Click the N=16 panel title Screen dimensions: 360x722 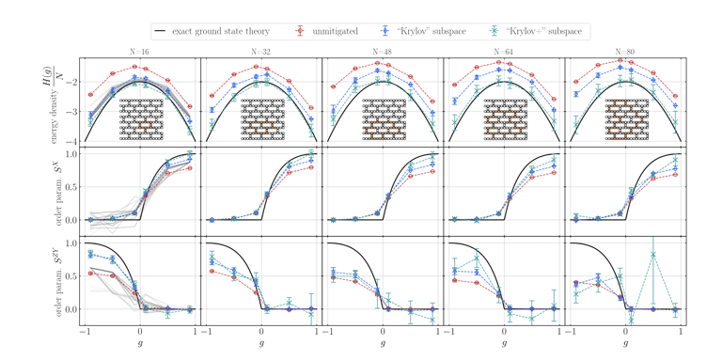(139, 53)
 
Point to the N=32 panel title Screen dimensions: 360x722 (261, 53)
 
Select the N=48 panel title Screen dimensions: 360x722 (383, 53)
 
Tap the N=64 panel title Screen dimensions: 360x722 (504, 53)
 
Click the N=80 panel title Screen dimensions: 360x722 (625, 53)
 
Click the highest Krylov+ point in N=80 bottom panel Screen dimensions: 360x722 (652, 254)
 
